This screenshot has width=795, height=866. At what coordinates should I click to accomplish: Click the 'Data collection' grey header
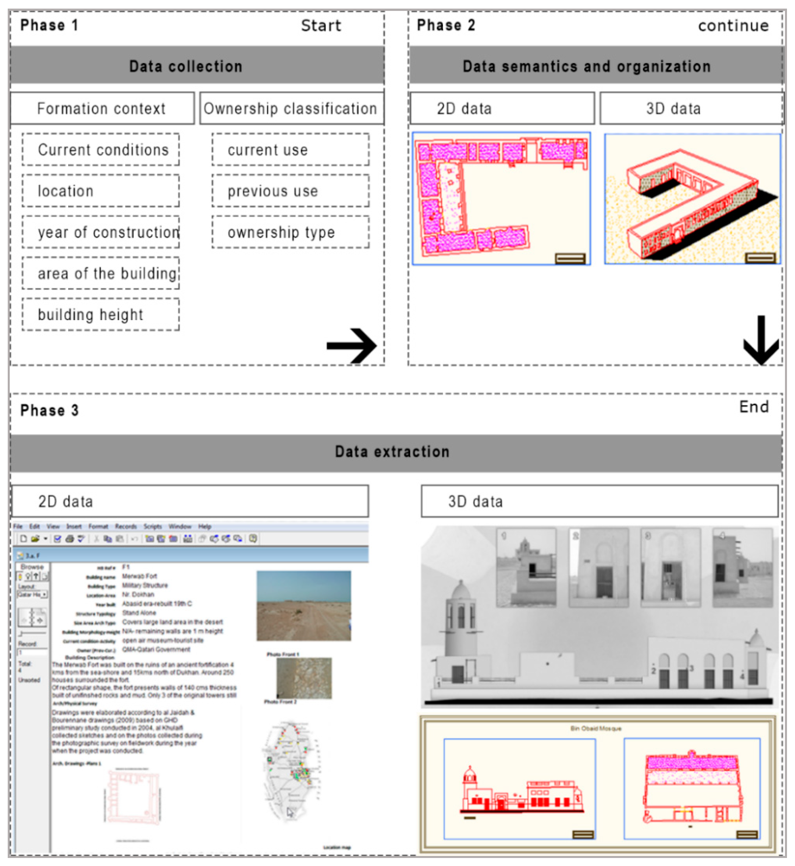pos(186,66)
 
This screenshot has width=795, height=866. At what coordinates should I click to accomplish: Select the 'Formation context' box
pos(101,108)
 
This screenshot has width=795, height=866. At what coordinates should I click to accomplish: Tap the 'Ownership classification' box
pos(291,108)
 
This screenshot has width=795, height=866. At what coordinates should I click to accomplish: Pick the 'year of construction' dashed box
pos(101,232)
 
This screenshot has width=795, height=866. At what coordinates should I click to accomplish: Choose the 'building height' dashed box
pos(101,314)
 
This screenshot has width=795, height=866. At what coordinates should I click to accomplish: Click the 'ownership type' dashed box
pos(290,232)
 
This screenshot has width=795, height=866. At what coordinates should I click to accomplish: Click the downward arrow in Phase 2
pos(761,340)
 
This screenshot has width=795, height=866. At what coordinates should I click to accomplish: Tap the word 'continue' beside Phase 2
pos(733,26)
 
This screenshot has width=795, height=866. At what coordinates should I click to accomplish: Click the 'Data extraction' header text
pos(392,451)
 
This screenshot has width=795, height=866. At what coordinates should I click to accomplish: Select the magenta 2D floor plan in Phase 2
pos(501,198)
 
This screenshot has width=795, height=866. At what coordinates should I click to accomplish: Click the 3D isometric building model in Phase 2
pos(692,198)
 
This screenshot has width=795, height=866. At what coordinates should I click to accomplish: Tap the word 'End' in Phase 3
pos(754,407)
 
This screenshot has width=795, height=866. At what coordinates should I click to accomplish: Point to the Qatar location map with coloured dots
pos(293,770)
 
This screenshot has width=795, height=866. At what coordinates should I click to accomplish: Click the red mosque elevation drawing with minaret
pos(520,791)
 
